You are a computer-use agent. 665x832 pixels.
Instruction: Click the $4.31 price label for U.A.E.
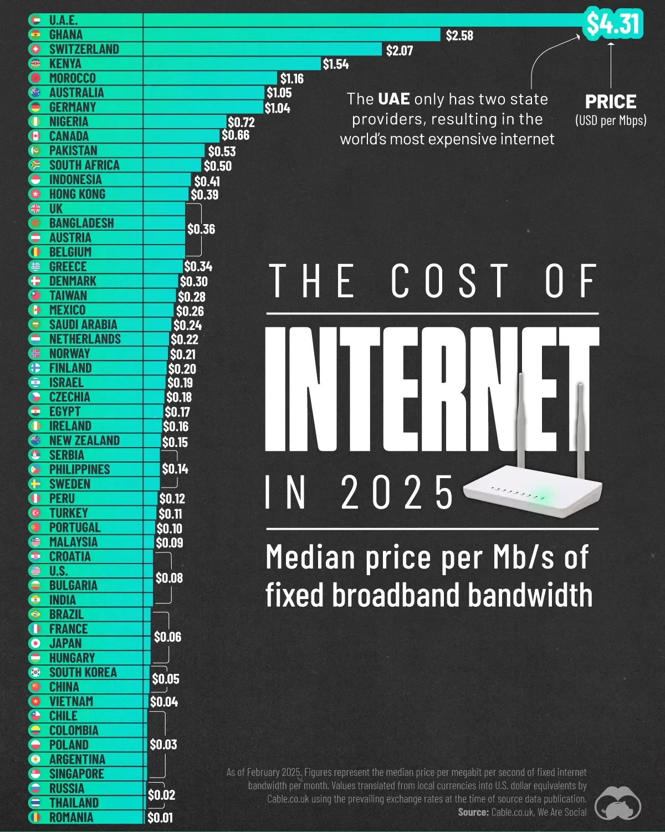point(613,24)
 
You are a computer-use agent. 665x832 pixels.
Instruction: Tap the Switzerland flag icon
point(36,49)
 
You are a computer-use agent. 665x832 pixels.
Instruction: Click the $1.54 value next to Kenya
point(336,64)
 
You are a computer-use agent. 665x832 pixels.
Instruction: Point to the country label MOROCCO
point(72,78)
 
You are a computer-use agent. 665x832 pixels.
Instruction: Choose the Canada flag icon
point(36,136)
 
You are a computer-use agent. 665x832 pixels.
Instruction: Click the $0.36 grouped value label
point(201,229)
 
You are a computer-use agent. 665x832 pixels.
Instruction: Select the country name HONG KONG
point(77,194)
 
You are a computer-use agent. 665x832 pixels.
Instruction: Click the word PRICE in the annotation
point(611,102)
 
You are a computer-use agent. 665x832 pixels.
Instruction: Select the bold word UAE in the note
point(393,99)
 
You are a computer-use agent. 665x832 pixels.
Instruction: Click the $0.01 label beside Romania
point(160,818)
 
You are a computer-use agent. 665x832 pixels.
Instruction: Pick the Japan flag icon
point(36,643)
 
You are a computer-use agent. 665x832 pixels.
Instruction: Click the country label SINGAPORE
point(76,774)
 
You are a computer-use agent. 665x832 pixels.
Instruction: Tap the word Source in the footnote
point(473,812)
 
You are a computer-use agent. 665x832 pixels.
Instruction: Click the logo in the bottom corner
point(617,802)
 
